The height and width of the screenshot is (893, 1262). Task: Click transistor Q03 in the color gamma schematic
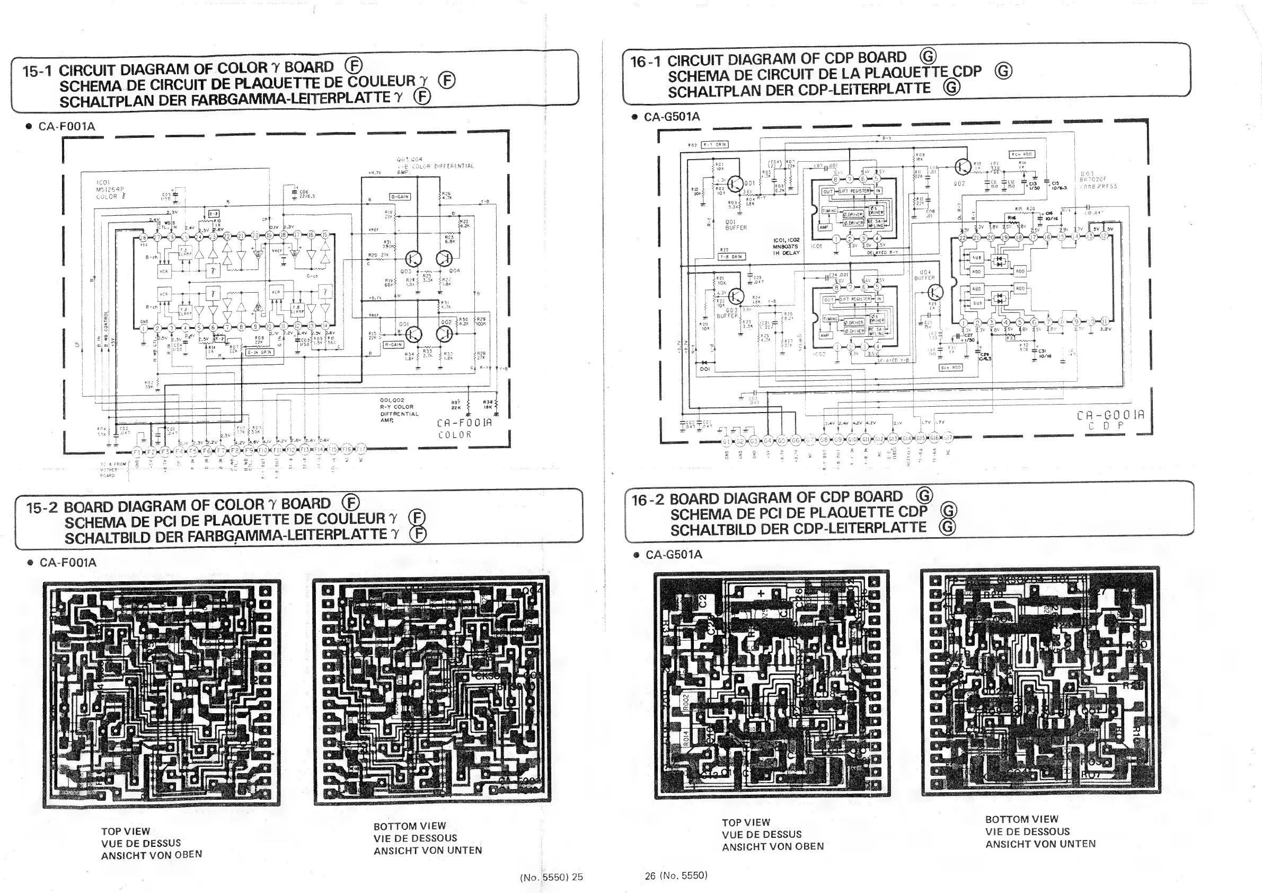coord(413,258)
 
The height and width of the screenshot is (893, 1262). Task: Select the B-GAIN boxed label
coord(400,196)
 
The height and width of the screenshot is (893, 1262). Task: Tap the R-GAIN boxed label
coord(394,344)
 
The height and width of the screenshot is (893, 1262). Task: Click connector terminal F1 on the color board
coord(137,451)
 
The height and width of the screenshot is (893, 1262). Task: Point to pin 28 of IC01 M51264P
coord(143,237)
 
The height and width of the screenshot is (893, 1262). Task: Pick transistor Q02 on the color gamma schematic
coord(444,333)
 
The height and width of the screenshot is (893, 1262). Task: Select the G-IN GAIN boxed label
coord(259,352)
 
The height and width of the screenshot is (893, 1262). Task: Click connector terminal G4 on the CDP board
coord(768,441)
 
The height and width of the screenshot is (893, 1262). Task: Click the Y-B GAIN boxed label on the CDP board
coord(732,257)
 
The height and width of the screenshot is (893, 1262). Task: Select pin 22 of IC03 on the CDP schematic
coord(963,237)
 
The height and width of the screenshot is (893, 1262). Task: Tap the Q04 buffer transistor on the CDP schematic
coord(936,292)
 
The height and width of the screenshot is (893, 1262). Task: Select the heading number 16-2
coord(648,501)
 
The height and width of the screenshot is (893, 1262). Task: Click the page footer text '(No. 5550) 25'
coord(551,877)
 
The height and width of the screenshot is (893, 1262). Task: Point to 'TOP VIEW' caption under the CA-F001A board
coord(125,831)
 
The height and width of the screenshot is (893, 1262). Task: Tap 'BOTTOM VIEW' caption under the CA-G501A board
coord(1021,819)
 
